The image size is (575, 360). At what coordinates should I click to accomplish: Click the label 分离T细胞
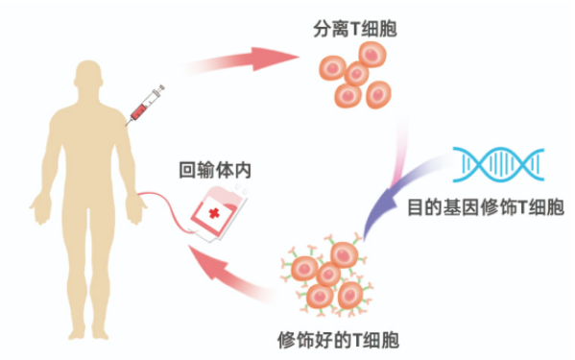click(x=355, y=29)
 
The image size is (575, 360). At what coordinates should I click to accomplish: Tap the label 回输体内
click(x=215, y=170)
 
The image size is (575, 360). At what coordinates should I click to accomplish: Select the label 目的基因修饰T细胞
click(x=486, y=207)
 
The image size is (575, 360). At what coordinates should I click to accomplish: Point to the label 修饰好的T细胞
click(x=338, y=340)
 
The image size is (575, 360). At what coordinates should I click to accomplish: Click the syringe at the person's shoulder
click(x=145, y=105)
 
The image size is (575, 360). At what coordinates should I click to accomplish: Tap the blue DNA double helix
click(x=498, y=164)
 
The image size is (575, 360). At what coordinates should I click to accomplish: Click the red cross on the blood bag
click(x=214, y=213)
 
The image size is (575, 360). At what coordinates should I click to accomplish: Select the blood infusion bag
click(x=218, y=213)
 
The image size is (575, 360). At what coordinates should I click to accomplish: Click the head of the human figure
click(x=88, y=75)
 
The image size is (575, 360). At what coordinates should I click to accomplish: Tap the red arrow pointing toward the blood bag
click(x=228, y=273)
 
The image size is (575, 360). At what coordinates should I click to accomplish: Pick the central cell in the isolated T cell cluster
click(x=356, y=74)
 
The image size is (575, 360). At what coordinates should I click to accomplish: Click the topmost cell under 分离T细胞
click(x=372, y=55)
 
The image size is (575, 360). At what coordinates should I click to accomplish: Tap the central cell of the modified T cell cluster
click(x=328, y=275)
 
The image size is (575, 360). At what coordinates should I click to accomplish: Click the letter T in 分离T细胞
click(x=355, y=30)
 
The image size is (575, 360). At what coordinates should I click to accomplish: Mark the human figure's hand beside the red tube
click(x=135, y=209)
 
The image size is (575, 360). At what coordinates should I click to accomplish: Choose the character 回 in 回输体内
click(x=187, y=171)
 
